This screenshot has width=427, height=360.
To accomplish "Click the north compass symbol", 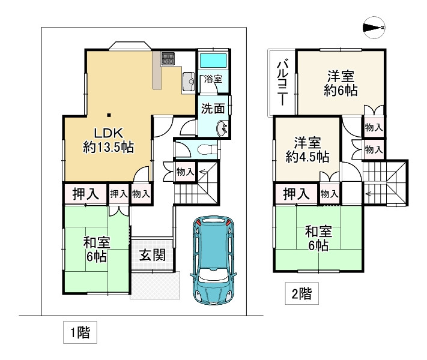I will pyautogui.click(x=374, y=28).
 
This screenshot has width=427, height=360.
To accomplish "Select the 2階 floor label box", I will pyautogui.click(x=301, y=295).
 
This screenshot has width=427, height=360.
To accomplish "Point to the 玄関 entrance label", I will pyautogui.click(x=153, y=254).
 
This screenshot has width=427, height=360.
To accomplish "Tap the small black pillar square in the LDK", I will pyautogui.click(x=108, y=115).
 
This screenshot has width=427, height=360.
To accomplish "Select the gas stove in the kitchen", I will pyautogui.click(x=167, y=59).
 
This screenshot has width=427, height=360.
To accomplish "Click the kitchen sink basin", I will pyautogui.click(x=187, y=79).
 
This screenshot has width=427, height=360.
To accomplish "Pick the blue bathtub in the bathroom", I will pyautogui.click(x=213, y=61).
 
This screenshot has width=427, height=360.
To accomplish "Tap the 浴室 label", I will pyautogui.click(x=213, y=79).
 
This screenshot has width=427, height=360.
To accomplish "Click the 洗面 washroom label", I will pyautogui.click(x=213, y=109).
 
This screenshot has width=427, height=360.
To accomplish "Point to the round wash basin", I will pyautogui.click(x=223, y=127).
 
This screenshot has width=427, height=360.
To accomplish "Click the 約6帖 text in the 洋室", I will pyautogui.click(x=340, y=91).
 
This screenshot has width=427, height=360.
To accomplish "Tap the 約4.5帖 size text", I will pyautogui.click(x=306, y=157).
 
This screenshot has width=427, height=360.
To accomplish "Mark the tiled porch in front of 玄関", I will pyautogui.click(x=155, y=286).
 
